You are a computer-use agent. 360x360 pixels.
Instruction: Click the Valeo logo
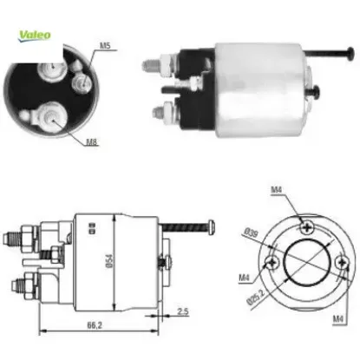[x=35, y=36]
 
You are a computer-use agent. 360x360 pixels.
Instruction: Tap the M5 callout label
[x=105, y=46]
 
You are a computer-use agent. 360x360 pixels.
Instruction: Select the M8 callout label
[x=92, y=141]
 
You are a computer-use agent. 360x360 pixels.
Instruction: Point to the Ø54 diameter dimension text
[x=109, y=261]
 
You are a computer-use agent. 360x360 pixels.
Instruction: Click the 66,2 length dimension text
[x=95, y=325]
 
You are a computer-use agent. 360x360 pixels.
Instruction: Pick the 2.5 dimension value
[x=183, y=311]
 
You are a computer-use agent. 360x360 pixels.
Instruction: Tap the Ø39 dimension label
[x=251, y=232]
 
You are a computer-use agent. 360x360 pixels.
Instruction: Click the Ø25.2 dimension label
[x=256, y=297]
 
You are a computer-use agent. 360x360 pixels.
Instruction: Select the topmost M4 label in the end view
[x=276, y=190]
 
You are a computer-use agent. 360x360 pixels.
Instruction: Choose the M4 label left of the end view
[x=244, y=278]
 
